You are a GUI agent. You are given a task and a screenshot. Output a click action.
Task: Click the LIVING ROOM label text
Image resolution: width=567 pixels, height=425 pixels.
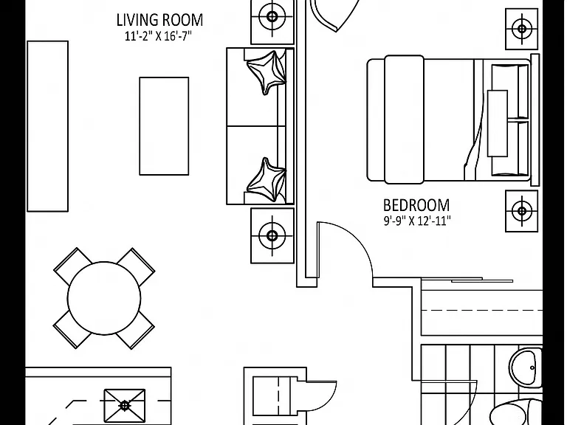(159, 20)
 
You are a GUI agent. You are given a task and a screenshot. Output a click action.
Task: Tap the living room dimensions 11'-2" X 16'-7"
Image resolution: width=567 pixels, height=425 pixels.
(158, 36)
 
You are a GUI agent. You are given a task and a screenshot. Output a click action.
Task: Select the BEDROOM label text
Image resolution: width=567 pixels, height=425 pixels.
(416, 205)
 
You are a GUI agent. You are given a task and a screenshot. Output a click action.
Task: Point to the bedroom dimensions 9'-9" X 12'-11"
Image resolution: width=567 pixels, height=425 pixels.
(417, 221)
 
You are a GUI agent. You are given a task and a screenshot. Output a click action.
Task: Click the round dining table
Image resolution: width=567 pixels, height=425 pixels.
(104, 298)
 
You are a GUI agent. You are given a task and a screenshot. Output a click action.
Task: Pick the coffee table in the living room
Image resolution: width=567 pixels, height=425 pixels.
(164, 126)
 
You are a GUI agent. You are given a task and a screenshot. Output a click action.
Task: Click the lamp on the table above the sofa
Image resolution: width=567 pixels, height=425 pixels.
(272, 17)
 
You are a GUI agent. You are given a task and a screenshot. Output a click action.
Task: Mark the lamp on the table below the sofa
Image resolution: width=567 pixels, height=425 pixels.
(272, 235)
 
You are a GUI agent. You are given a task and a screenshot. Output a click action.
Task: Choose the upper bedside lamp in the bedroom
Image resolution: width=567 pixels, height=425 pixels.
(521, 29)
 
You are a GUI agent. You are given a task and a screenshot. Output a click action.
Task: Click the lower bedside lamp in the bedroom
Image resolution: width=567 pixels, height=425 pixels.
(521, 211)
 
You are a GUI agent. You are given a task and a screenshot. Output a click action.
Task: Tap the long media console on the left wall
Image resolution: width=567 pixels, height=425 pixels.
(48, 126)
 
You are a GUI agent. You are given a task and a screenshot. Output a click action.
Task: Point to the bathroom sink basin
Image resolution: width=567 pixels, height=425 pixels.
(525, 367)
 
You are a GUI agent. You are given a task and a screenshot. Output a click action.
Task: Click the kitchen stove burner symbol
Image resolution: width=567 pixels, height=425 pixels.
(125, 406)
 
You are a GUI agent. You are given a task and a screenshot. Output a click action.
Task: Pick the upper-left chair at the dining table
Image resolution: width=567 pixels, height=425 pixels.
(72, 266)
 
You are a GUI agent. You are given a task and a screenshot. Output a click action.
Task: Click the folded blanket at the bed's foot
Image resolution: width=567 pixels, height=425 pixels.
(404, 120)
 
